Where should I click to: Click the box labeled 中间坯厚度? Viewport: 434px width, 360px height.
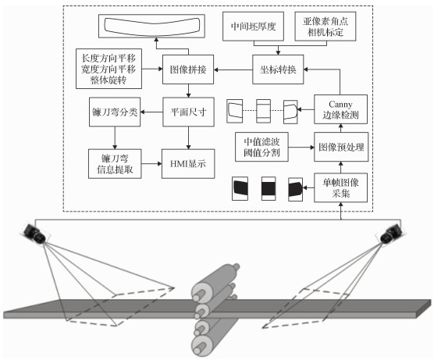click(253, 27)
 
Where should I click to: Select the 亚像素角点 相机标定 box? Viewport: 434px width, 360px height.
click(325, 27)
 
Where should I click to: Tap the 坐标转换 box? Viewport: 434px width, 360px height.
click(278, 70)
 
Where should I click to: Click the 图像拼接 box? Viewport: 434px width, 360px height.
click(188, 70)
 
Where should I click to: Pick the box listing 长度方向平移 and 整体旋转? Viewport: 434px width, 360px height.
click(108, 69)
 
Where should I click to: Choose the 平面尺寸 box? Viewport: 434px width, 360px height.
click(188, 112)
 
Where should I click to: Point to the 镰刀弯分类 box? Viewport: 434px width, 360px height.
click(115, 112)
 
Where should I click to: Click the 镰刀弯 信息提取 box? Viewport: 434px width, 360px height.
click(115, 164)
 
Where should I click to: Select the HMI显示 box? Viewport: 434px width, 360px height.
click(188, 164)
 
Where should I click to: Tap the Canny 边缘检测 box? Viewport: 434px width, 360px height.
click(341, 109)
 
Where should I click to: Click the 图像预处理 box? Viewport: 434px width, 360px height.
click(341, 147)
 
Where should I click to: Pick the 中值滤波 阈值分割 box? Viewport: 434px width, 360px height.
click(261, 147)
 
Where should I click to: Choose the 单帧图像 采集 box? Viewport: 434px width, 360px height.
click(341, 187)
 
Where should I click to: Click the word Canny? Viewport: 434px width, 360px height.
click(340, 105)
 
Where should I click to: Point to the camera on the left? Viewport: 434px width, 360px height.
click(35, 233)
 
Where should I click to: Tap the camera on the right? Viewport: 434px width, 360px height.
click(390, 234)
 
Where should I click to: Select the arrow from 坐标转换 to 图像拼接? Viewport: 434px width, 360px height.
click(233, 70)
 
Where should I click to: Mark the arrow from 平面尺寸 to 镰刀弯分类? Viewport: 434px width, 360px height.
click(151, 112)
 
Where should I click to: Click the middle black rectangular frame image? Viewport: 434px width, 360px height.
click(269, 189)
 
